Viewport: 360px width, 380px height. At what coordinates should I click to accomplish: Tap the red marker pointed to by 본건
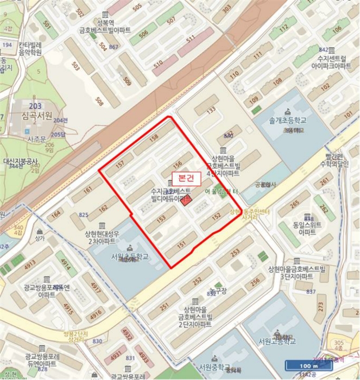click(x=186, y=202)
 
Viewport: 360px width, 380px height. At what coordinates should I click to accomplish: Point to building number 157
click(x=121, y=164)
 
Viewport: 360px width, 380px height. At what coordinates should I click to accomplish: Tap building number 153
click(x=161, y=219)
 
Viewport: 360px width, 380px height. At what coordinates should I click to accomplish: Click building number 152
click(x=216, y=217)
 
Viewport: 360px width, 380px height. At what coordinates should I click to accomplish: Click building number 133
click(x=211, y=110)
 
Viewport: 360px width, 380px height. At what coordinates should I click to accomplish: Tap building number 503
click(x=75, y=67)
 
